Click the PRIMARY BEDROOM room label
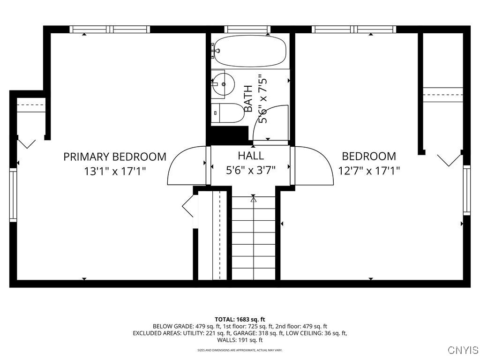tap(115, 157)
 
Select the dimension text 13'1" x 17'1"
tap(115, 171)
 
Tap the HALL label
tap(251, 156)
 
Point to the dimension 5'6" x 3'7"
tap(251, 170)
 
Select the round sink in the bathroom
tap(224, 84)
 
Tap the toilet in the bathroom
tap(230, 113)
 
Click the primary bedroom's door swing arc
tap(186, 166)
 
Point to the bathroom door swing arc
tap(271, 123)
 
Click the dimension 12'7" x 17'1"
tap(369, 171)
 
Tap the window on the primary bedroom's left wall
tap(13, 195)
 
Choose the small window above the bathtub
tap(248, 29)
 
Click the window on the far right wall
tap(467, 189)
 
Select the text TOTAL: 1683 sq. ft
tap(240, 319)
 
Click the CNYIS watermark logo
tap(463, 350)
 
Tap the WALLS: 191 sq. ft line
tap(240, 340)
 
